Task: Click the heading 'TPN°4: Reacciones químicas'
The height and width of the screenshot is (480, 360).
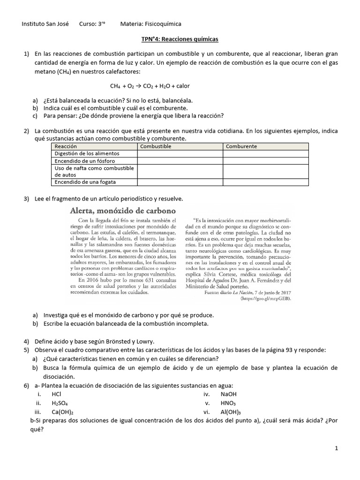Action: (x=180, y=39)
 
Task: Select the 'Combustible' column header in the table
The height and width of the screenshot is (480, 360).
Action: (x=156, y=146)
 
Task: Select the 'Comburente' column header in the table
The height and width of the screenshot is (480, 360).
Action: (x=241, y=146)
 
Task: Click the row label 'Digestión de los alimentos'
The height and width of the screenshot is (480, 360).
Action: (x=87, y=153)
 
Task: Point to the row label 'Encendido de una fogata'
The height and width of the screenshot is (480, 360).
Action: (x=85, y=181)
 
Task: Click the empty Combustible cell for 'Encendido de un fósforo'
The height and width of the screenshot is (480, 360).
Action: (x=180, y=160)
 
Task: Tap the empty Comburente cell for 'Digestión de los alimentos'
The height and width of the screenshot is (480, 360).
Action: (x=265, y=153)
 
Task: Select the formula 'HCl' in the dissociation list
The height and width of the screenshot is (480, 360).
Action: (x=57, y=395)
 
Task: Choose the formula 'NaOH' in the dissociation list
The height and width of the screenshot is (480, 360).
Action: (x=228, y=395)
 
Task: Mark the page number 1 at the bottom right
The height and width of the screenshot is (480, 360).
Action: (x=336, y=449)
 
